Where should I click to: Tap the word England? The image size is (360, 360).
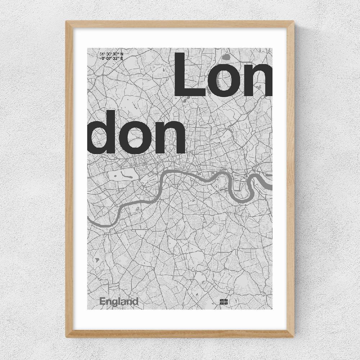[x=119, y=302]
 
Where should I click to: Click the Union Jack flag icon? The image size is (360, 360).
[x=224, y=302]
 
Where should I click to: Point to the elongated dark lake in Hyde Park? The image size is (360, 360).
[x=127, y=175]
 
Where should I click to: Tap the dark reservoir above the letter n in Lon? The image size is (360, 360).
[x=226, y=57]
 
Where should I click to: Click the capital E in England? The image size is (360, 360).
[x=102, y=301]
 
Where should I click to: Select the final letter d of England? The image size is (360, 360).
[x=135, y=301]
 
